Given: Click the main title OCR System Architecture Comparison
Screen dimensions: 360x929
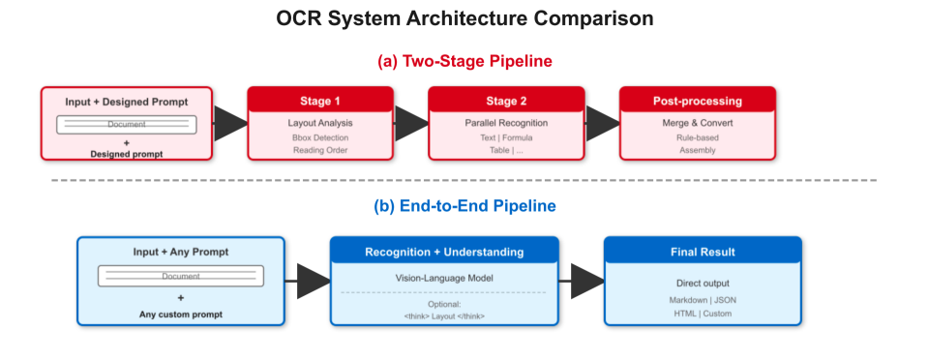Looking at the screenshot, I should click(464, 18).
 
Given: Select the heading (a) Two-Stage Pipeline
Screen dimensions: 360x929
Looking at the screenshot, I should click(464, 61).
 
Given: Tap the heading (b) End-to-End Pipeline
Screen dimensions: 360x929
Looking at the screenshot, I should click(464, 206).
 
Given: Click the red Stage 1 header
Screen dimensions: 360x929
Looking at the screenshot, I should click(320, 100).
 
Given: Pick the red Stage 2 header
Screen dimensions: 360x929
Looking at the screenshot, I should click(506, 100).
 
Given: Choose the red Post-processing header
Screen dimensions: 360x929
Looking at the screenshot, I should click(697, 100).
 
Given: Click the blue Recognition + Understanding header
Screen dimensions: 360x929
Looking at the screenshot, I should click(444, 252).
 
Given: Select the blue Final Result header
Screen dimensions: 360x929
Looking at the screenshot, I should click(703, 252).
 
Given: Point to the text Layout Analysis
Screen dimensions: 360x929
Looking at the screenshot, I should click(320, 123).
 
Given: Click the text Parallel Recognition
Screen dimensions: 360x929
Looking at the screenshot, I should click(506, 123).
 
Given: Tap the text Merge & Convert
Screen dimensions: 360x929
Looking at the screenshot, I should click(697, 123).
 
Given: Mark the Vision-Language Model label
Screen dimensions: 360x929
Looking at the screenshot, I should click(444, 278).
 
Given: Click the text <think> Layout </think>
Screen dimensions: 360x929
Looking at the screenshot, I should click(444, 316).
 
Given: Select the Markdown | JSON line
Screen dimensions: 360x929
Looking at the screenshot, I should click(703, 300).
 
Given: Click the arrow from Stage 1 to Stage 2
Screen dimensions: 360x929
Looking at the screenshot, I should click(411, 123).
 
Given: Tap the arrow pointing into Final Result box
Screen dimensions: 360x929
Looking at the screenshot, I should click(581, 280).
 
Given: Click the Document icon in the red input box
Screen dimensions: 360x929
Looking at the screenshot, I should click(127, 125).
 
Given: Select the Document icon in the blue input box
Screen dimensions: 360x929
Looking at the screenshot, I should click(180, 276).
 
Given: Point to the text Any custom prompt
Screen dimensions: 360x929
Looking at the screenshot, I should click(180, 315).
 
